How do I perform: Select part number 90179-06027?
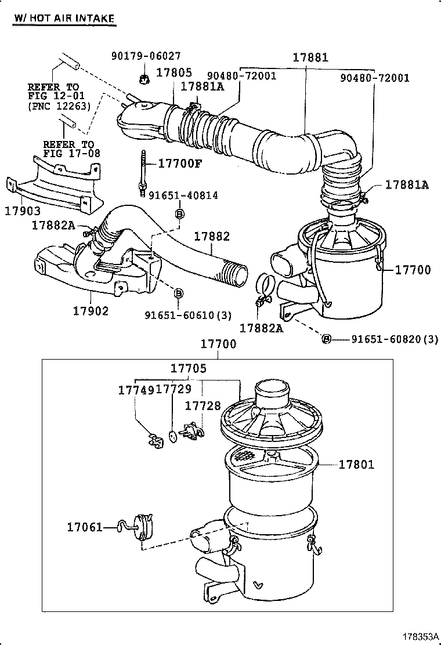[146, 56]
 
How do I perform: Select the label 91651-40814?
[183, 195]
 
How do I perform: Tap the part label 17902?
[91, 311]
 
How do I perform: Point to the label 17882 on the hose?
[212, 237]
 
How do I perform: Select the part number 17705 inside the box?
[188, 368]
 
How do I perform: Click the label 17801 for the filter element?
[356, 464]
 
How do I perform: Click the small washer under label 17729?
[172, 435]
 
